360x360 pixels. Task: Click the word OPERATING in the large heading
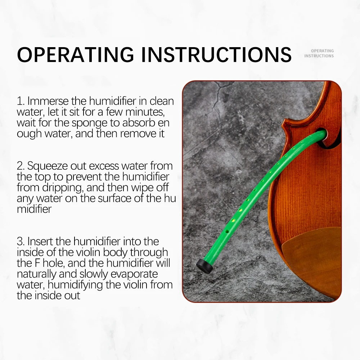[x=75, y=54]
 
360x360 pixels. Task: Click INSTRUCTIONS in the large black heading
[x=216, y=54]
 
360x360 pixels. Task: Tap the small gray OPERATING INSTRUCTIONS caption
[x=319, y=53]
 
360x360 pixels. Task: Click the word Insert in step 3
[x=40, y=241]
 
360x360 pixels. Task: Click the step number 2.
[x=20, y=166]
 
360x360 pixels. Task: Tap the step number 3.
[x=20, y=241]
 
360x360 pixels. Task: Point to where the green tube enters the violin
[x=323, y=134]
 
